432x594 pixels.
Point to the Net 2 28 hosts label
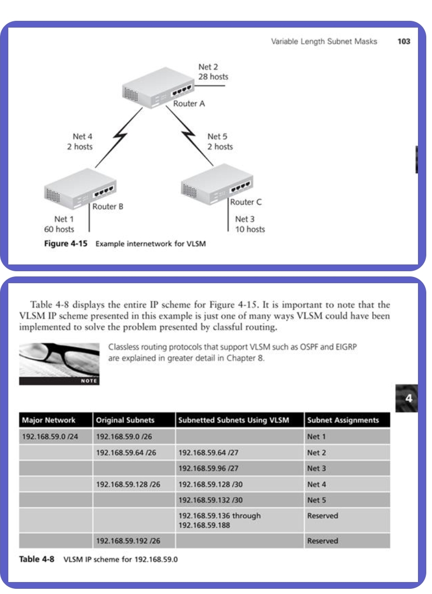click(x=213, y=72)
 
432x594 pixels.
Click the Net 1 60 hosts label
click(x=59, y=224)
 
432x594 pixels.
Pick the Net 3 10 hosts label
click(x=250, y=224)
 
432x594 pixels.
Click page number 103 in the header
click(x=403, y=42)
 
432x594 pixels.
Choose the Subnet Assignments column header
click(x=343, y=420)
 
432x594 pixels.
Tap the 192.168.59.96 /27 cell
click(x=203, y=468)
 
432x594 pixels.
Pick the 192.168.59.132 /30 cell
click(x=203, y=500)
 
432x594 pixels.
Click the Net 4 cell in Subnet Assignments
click(x=317, y=484)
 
